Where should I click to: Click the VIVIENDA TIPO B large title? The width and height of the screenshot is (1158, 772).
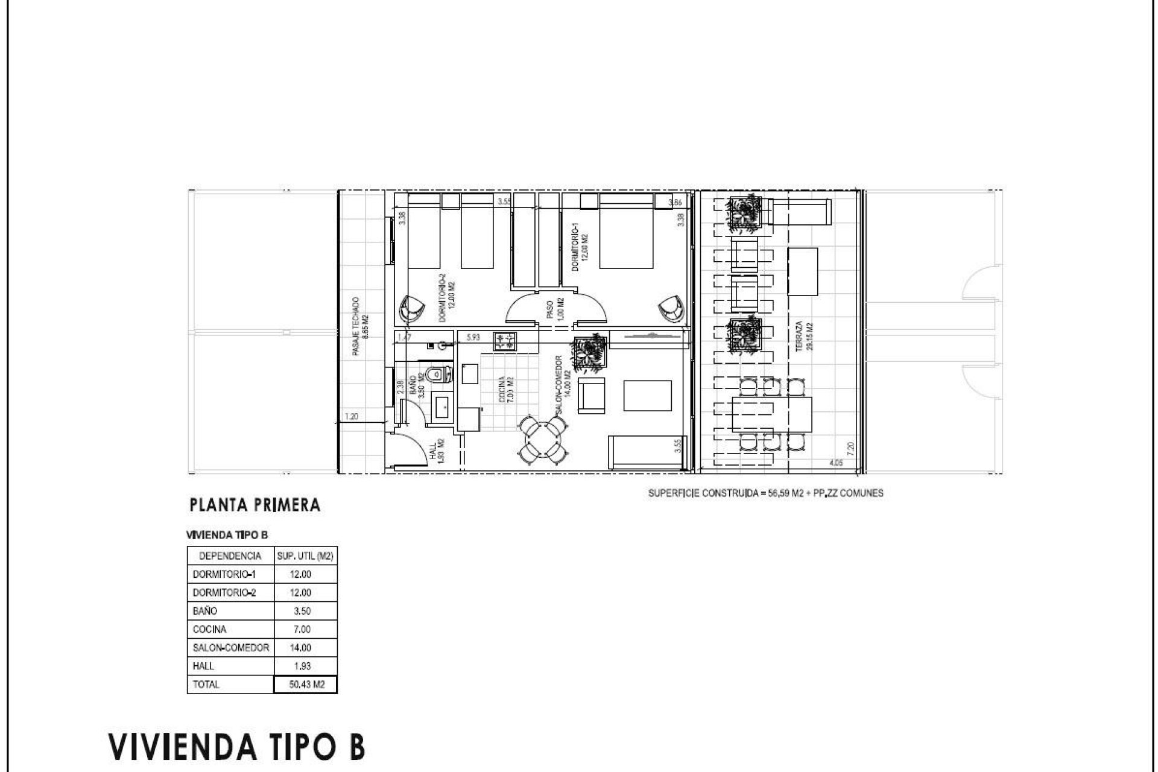236,746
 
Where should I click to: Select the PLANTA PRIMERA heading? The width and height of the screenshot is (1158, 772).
255,505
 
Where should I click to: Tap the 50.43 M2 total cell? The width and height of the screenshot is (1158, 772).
305,685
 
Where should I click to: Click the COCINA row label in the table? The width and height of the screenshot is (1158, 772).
210,629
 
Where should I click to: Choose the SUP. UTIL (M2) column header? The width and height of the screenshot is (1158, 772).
305,555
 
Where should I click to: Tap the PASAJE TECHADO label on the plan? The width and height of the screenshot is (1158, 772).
359,326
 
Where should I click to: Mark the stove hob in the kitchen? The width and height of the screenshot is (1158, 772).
505,343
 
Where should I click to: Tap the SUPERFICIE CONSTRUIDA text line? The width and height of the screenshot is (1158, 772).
765,493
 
